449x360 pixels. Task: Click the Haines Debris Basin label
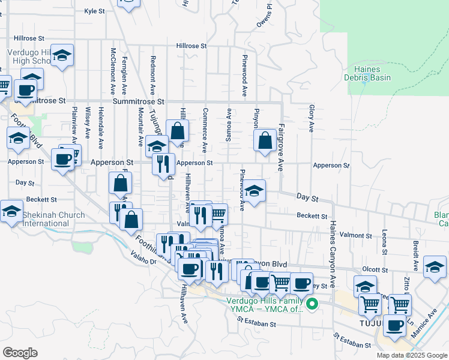367,73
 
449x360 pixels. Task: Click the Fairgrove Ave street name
280,147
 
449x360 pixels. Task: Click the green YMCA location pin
312,304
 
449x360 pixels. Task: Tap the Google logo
20,352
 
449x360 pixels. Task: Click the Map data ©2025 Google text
411,355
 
